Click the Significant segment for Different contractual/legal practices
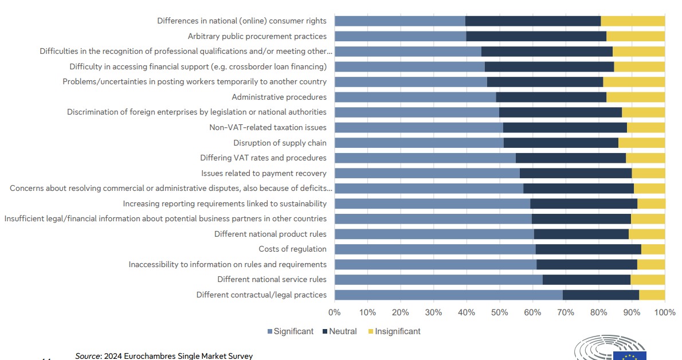(448, 295)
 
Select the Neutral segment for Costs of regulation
(588, 249)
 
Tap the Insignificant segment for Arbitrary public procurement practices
(636, 36)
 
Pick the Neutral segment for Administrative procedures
(551, 97)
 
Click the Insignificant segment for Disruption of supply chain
(641, 143)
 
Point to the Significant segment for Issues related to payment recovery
(427, 173)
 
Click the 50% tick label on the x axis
(500, 312)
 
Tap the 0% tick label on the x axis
(335, 312)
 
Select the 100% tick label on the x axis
(665, 312)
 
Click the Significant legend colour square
(270, 331)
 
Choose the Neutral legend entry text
(343, 331)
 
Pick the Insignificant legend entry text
(397, 331)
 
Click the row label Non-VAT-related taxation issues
(268, 127)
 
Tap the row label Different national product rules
(270, 234)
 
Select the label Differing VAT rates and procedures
(263, 158)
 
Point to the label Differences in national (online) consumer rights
(242, 21)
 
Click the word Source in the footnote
(87, 356)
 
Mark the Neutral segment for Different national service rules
(586, 279)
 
